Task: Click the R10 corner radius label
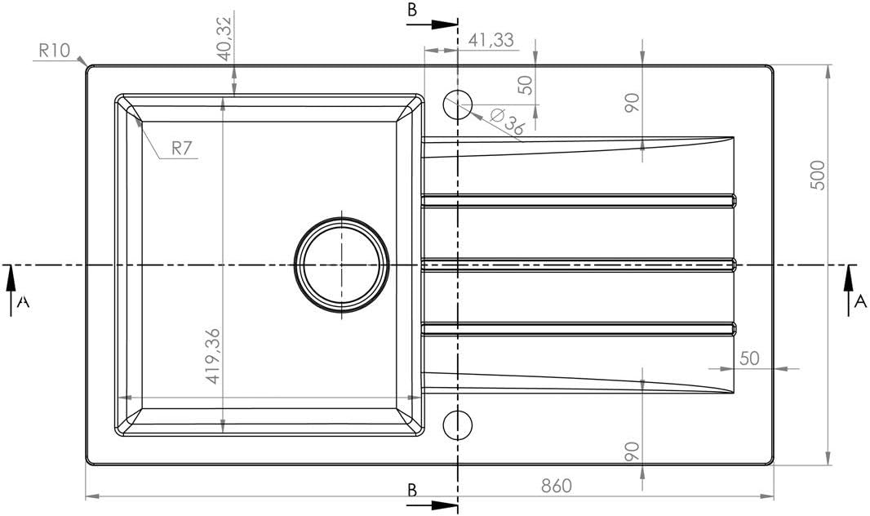click(54, 49)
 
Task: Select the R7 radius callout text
click(182, 148)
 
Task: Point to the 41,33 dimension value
click(491, 39)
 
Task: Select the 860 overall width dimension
click(555, 485)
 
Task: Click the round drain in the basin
click(342, 265)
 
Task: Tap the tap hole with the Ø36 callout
click(458, 105)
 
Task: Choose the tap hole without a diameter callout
click(458, 425)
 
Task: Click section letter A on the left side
click(24, 302)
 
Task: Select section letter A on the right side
click(859, 301)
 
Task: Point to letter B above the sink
click(412, 10)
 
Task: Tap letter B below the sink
click(412, 491)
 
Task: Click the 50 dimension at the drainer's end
click(749, 358)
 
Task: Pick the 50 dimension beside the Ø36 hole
click(526, 84)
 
